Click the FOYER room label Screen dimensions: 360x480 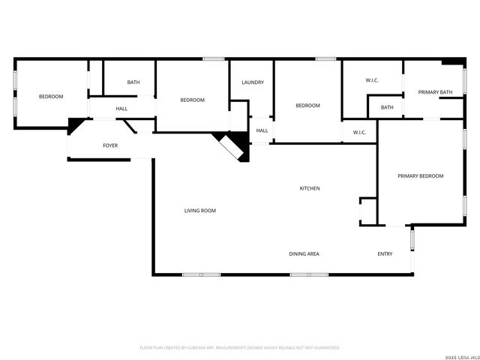pyautogui.click(x=110, y=145)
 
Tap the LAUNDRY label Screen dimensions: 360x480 pyautogui.click(x=252, y=82)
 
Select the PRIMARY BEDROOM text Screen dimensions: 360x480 pyautogui.click(x=420, y=176)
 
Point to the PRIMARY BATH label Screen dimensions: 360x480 pyautogui.click(x=435, y=92)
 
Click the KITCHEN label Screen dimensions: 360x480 pyautogui.click(x=310, y=188)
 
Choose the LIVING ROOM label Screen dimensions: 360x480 pyautogui.click(x=200, y=211)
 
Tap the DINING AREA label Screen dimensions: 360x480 pyautogui.click(x=304, y=254)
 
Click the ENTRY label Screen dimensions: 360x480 pyautogui.click(x=385, y=254)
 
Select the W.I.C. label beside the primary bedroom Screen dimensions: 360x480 pyautogui.click(x=359, y=133)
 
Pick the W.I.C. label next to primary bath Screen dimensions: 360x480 pyautogui.click(x=373, y=80)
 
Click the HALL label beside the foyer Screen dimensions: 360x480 pyautogui.click(x=121, y=109)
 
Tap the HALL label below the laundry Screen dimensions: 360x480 pyautogui.click(x=262, y=131)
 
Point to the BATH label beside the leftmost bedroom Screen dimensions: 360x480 pyautogui.click(x=133, y=82)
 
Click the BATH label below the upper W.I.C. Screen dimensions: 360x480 pyautogui.click(x=387, y=108)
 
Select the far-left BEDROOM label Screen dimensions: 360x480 pyautogui.click(x=51, y=97)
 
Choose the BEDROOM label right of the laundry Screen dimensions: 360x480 pyautogui.click(x=307, y=106)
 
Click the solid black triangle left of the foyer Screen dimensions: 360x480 pyautogui.click(x=74, y=125)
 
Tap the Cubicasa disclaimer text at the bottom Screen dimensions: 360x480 pyautogui.click(x=240, y=348)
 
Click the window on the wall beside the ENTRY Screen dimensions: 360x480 pyautogui.click(x=412, y=239)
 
